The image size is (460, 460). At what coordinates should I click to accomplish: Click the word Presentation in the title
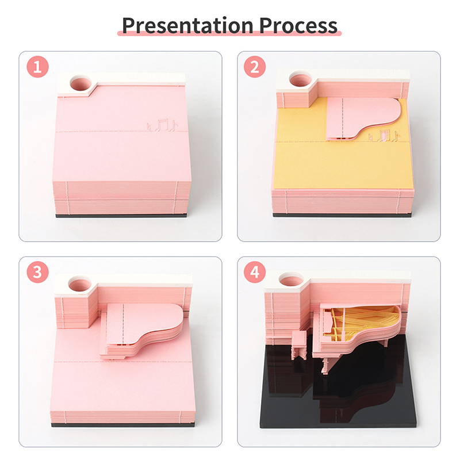tap(188, 25)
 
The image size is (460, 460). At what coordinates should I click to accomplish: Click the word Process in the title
tap(298, 25)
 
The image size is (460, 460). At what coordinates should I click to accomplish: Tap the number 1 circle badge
tap(37, 67)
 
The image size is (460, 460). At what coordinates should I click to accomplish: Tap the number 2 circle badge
tap(255, 67)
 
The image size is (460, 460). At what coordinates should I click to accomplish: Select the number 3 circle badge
tap(37, 272)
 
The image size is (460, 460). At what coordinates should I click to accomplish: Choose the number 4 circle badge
tap(255, 272)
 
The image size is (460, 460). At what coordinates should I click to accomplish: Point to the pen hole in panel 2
tap(300, 79)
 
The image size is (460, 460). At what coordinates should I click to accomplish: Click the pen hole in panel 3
tap(80, 285)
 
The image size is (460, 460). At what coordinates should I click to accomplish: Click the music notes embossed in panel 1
tap(162, 125)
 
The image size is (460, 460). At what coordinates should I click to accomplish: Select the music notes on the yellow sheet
tap(384, 136)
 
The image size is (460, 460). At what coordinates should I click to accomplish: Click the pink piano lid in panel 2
tap(361, 118)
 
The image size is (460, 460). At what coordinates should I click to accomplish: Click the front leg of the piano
tap(325, 366)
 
